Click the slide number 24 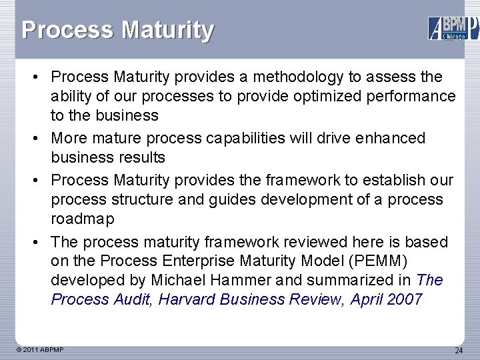[x=458, y=350]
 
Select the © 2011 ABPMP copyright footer [x=41, y=349]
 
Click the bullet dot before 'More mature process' [x=41, y=138]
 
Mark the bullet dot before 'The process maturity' [x=41, y=241]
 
